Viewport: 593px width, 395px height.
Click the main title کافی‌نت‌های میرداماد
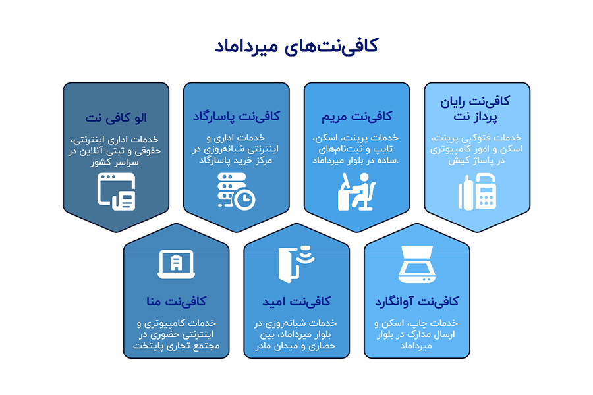pyautogui.click(x=296, y=47)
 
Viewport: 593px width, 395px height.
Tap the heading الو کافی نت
pyautogui.click(x=116, y=118)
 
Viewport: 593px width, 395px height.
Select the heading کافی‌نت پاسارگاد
pyautogui.click(x=236, y=116)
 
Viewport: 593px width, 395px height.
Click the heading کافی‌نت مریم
pyautogui.click(x=356, y=116)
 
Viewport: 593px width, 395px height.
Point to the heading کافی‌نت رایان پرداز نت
pyautogui.click(x=476, y=109)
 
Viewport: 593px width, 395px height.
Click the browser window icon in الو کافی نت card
pyautogui.click(x=116, y=191)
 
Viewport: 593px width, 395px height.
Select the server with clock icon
pyautogui.click(x=236, y=191)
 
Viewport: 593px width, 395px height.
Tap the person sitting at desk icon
pyautogui.click(x=356, y=191)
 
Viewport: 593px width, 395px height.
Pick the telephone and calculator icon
pyautogui.click(x=476, y=192)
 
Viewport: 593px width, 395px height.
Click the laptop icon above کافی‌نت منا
pyautogui.click(x=176, y=265)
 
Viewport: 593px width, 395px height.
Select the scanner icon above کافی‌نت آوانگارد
pyautogui.click(x=416, y=265)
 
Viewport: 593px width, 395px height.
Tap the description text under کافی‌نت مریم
pyautogui.click(x=356, y=149)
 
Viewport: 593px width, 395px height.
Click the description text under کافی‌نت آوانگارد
pyautogui.click(x=416, y=334)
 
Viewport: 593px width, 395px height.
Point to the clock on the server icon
pyautogui.click(x=246, y=199)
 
